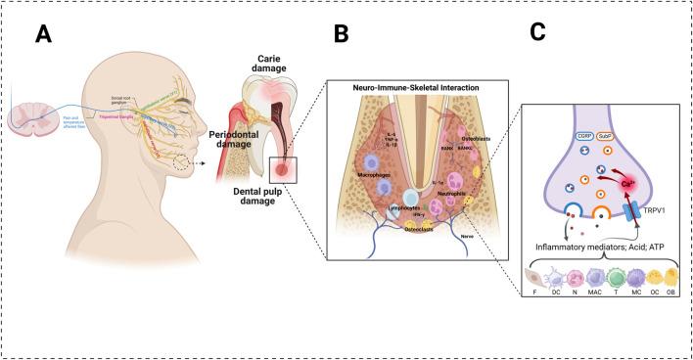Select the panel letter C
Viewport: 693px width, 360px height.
point(538,31)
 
